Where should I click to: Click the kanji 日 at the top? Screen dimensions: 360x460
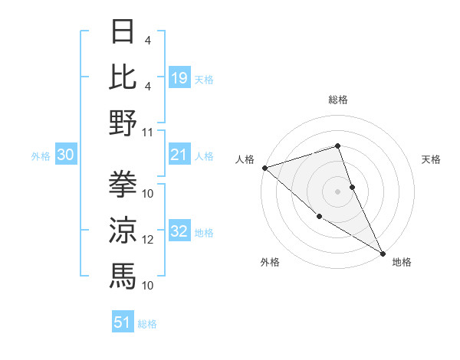pos(123,32)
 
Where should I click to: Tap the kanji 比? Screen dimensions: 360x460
pos(123,77)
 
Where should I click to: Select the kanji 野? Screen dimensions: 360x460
pos(123,122)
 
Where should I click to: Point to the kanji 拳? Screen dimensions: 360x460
pos(123,183)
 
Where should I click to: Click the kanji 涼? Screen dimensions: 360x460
pos(123,228)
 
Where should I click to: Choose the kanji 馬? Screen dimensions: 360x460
pos(123,273)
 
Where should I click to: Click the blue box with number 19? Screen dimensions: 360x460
pos(179,77)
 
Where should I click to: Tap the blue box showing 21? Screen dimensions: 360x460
pos(179,155)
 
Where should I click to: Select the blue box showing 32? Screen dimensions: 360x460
pos(179,231)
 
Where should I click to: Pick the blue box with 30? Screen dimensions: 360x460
pos(65,155)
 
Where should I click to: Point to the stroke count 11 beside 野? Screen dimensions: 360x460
pos(148,133)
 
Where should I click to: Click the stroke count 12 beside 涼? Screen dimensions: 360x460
pos(148,240)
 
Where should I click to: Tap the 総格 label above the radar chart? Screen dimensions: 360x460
pos(338,100)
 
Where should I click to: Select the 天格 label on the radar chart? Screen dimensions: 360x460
pos(432,159)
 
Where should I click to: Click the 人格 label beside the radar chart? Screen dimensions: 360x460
pos(245,159)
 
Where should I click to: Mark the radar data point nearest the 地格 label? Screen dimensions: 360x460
pos(382,252)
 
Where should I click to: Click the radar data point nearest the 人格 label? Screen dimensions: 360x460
pos(264,168)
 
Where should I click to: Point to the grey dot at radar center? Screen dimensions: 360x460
pos(338,191)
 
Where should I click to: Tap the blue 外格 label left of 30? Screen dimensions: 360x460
pos(41,155)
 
